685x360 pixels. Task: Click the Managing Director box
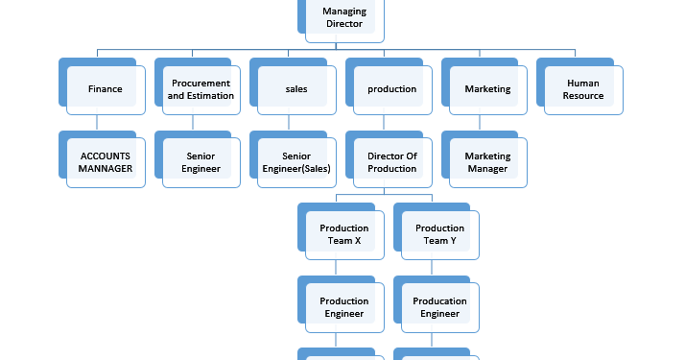[x=344, y=17]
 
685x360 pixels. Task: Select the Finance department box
[x=105, y=89]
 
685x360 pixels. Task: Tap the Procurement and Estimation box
[x=201, y=89]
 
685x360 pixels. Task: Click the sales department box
[x=296, y=89]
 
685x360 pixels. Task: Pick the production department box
[x=392, y=89]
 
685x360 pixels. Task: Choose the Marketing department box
[x=487, y=89]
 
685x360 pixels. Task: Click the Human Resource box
[x=583, y=89]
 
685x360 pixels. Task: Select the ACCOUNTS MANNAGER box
[x=105, y=162]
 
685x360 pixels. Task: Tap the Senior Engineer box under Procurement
[x=201, y=162]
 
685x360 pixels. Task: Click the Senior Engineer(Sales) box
[x=296, y=162]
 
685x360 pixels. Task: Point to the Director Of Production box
[x=392, y=162]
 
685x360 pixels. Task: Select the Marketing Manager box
[x=487, y=162]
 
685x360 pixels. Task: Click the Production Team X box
[x=344, y=234]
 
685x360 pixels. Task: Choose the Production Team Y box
[x=440, y=234]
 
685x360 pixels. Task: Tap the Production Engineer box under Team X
[x=344, y=307]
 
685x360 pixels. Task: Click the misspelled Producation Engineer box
[x=440, y=307]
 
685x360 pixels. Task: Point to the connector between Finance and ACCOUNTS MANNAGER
[x=96, y=123]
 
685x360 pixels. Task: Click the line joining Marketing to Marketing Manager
[x=480, y=123]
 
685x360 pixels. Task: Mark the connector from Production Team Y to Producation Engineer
[x=432, y=268]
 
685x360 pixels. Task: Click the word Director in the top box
[x=344, y=23]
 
